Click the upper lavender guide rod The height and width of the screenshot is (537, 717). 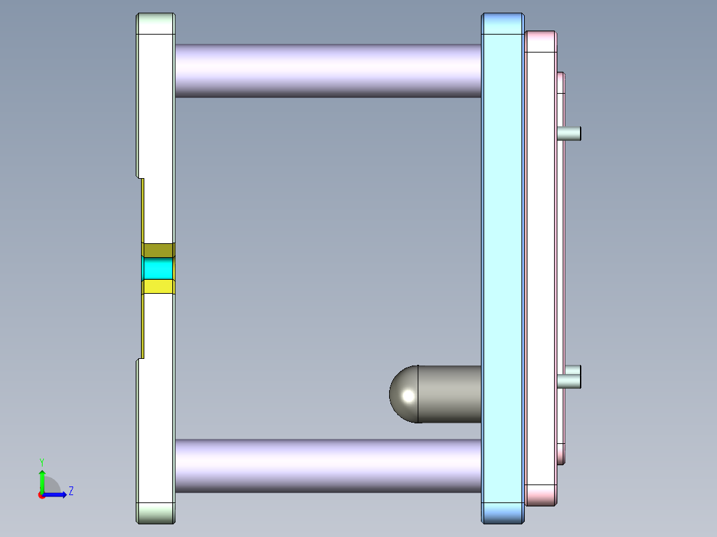[x=327, y=70]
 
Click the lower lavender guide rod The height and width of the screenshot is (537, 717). [x=327, y=465]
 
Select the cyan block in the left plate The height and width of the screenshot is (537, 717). [x=158, y=268]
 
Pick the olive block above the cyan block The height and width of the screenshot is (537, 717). [x=158, y=251]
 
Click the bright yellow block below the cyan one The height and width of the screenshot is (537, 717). [x=158, y=286]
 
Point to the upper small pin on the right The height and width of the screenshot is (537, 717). [x=570, y=133]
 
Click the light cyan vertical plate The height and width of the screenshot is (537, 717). [x=503, y=266]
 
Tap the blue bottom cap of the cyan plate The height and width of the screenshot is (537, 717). [x=503, y=512]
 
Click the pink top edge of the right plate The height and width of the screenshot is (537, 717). [x=540, y=41]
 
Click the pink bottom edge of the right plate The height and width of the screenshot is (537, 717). [x=540, y=494]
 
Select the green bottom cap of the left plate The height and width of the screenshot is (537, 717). [x=156, y=512]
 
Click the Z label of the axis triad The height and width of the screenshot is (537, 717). [x=71, y=491]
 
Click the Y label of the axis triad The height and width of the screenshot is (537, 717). [x=42, y=461]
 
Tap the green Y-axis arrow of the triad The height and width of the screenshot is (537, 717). [x=42, y=480]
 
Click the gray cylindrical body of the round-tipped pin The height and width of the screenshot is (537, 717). [x=450, y=394]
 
